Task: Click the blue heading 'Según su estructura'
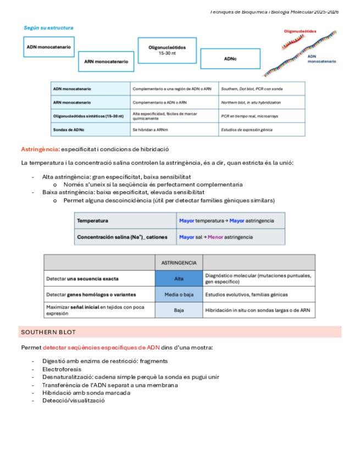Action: click(x=48, y=27)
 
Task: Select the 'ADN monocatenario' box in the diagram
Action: click(x=49, y=47)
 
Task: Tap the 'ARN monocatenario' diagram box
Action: click(x=106, y=62)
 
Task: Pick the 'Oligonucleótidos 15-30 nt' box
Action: click(x=167, y=51)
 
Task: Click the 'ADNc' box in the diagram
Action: click(x=230, y=59)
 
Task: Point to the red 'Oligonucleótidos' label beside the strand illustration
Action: click(x=300, y=31)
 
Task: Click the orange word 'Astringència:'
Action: click(x=40, y=149)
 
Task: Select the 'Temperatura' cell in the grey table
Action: click(x=92, y=220)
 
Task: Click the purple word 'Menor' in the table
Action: click(x=215, y=237)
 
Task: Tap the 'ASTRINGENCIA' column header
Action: click(x=179, y=263)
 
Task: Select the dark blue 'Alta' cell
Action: click(x=179, y=279)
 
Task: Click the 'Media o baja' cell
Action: click(x=179, y=295)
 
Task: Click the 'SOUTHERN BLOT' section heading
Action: click(x=48, y=332)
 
